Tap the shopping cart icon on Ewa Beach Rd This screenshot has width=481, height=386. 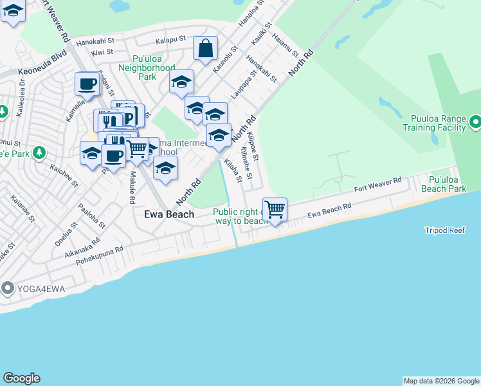tap(275, 209)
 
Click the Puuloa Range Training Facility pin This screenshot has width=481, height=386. tap(475, 121)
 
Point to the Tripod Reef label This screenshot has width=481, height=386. tap(444, 230)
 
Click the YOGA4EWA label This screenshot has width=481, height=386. tap(31, 288)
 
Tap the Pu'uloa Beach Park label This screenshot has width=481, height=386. tap(444, 184)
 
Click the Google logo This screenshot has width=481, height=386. tap(21, 378)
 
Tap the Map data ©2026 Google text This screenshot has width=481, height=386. tap(441, 381)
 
